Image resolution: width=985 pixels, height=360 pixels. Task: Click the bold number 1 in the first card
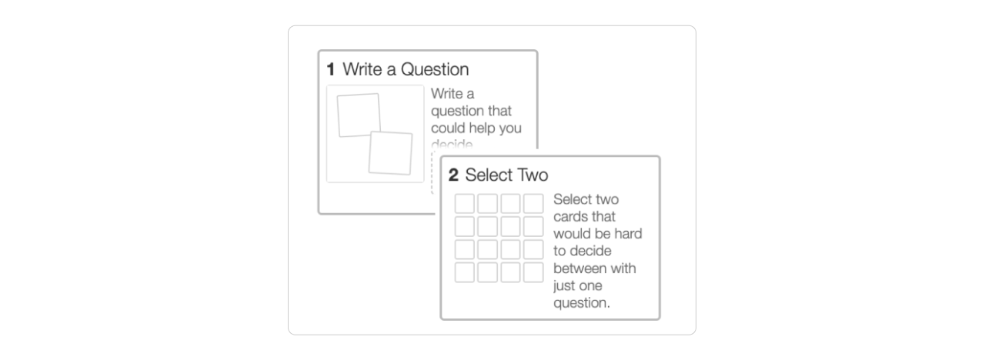click(331, 69)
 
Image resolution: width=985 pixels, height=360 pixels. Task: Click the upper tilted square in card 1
click(359, 115)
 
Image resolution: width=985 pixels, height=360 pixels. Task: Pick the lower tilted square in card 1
click(391, 152)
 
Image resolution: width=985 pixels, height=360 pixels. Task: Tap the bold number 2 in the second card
click(454, 175)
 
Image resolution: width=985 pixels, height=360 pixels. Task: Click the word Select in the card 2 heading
click(488, 175)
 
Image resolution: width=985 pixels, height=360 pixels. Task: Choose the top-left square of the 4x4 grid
click(465, 204)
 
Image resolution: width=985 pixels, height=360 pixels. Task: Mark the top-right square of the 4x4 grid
click(533, 204)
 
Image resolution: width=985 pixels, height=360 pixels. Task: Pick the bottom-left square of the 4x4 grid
click(465, 272)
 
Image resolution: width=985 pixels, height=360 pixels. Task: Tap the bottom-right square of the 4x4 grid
click(533, 272)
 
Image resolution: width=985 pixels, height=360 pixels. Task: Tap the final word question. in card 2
click(582, 303)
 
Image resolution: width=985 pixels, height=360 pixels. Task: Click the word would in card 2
click(573, 234)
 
